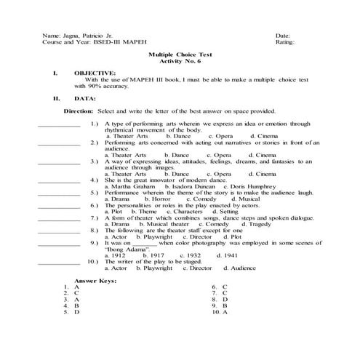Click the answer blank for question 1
click(x=58, y=126)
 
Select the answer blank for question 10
click(x=58, y=262)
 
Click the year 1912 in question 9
click(x=116, y=255)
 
